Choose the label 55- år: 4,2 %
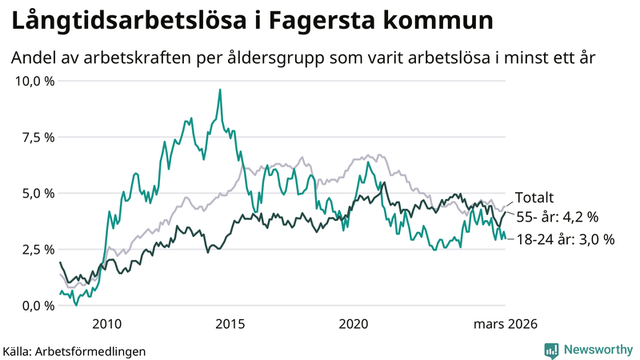pyautogui.click(x=557, y=216)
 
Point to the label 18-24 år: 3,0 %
pyautogui.click(x=566, y=239)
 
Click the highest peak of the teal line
pyautogui.click(x=219, y=90)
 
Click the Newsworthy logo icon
pyautogui.click(x=551, y=350)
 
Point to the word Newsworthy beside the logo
pyautogui.click(x=597, y=350)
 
